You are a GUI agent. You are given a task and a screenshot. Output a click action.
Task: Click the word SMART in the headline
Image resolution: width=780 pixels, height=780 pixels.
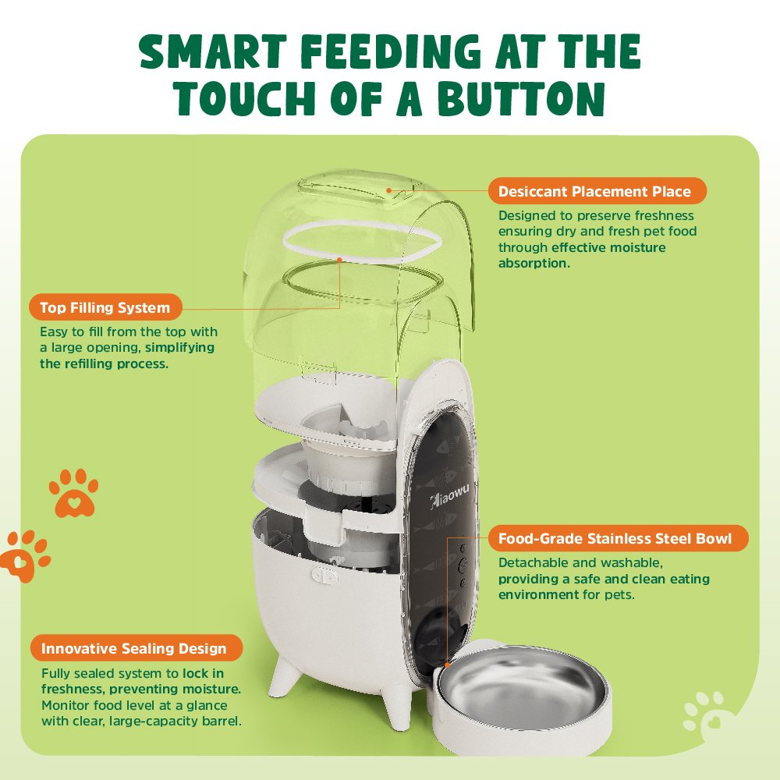(x=213, y=51)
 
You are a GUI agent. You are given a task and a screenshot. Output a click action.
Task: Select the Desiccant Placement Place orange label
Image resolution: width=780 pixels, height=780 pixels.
(x=597, y=191)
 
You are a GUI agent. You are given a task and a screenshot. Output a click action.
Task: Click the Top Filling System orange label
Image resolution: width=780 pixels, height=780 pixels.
(x=105, y=307)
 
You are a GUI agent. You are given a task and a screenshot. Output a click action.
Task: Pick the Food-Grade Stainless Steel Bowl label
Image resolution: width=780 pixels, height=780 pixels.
(x=618, y=538)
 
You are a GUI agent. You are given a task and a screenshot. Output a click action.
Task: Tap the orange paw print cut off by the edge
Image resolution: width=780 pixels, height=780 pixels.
(x=25, y=555)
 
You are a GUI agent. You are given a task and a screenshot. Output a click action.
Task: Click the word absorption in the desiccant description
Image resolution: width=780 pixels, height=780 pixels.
(x=534, y=263)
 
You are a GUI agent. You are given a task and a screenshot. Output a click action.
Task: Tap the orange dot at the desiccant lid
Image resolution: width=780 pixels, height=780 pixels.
(x=388, y=190)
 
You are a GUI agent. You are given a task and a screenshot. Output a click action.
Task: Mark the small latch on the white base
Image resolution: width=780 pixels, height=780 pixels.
(x=324, y=576)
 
